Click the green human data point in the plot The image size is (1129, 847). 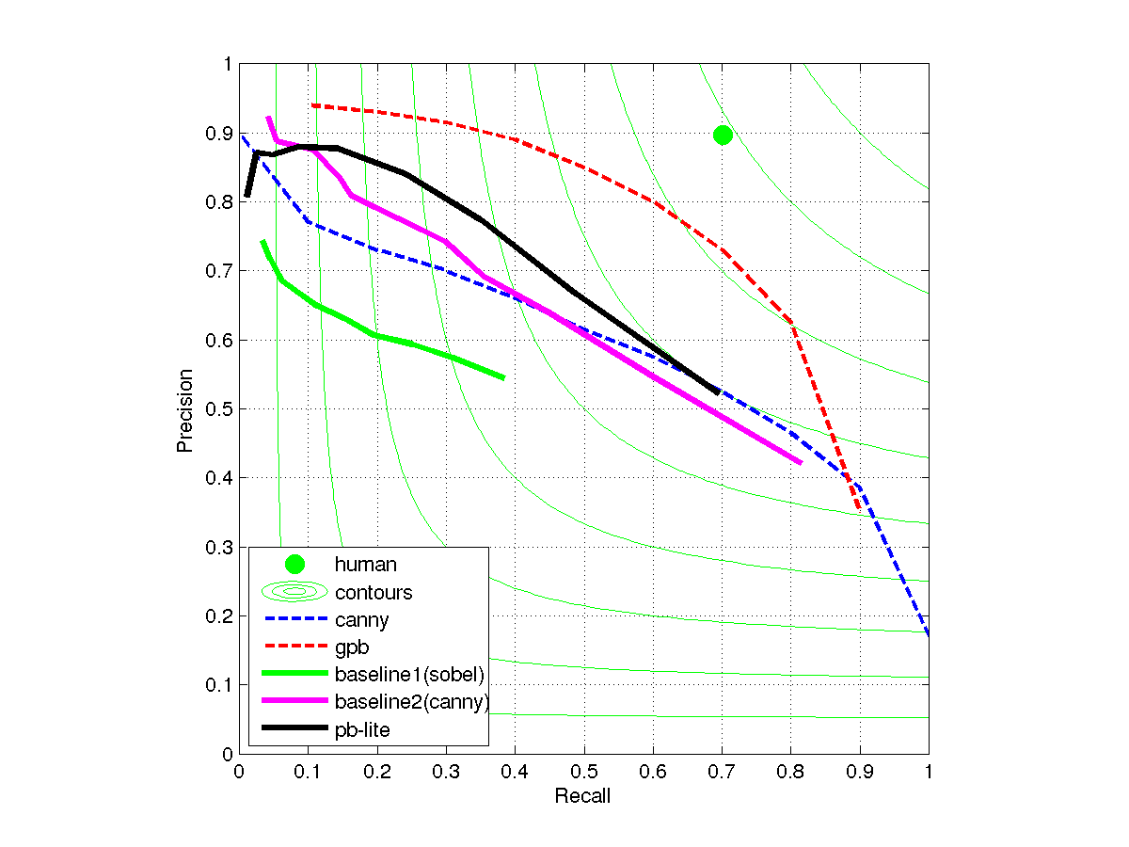click(x=723, y=135)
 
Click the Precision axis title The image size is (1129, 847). click(x=185, y=409)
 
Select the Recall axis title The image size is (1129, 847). click(x=582, y=796)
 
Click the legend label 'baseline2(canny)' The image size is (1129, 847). click(x=412, y=701)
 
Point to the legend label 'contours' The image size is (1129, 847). click(x=374, y=592)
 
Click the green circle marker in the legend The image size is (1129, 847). click(x=294, y=565)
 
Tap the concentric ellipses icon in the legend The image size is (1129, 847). click(x=294, y=592)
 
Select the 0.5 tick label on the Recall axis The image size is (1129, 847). click(x=583, y=772)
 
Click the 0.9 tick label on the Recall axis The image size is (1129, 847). click(x=859, y=772)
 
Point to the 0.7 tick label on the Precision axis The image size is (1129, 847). click(x=221, y=271)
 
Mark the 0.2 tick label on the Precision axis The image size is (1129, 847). click(x=221, y=615)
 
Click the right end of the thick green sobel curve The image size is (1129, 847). click(x=504, y=377)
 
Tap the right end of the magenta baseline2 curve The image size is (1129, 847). click(x=801, y=462)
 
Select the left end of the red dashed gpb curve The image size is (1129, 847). click(x=312, y=105)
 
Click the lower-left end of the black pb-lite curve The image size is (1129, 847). click(x=246, y=196)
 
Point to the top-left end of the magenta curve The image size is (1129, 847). click(x=268, y=118)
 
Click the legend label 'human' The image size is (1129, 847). click(x=366, y=565)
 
